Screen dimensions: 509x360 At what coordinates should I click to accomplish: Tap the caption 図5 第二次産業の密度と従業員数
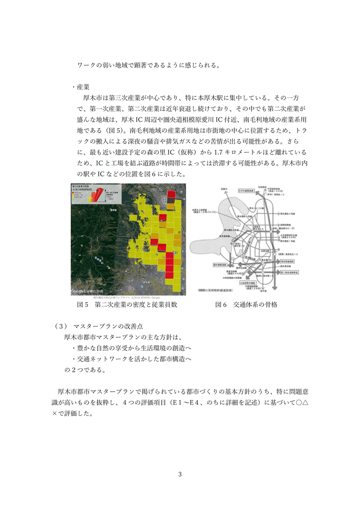tap(127, 305)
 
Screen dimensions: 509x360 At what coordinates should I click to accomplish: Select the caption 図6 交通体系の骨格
tap(247, 305)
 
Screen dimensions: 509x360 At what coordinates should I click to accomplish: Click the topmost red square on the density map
tap(171, 195)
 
